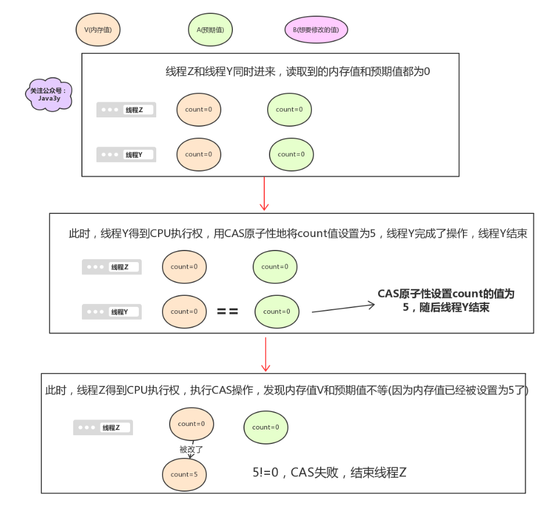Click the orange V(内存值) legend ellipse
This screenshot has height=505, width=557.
pyautogui.click(x=98, y=29)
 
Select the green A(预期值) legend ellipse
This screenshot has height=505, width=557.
pyautogui.click(x=211, y=29)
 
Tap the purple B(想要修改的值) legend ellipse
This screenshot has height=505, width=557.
pyautogui.click(x=316, y=30)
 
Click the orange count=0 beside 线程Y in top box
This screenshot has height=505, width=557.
pyautogui.click(x=199, y=155)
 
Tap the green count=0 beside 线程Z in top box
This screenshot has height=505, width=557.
pyautogui.click(x=289, y=109)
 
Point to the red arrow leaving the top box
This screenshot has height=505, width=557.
pyautogui.click(x=264, y=194)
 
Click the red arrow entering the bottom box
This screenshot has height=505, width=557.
pyautogui.click(x=266, y=354)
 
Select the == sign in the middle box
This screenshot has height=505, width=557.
pyautogui.click(x=227, y=311)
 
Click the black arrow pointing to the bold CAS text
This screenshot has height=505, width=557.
pyautogui.click(x=343, y=307)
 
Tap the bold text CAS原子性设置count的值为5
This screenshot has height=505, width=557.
pyautogui.click(x=445, y=300)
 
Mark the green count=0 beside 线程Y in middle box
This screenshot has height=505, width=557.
pyautogui.click(x=276, y=311)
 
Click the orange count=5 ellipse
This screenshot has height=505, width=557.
pyautogui.click(x=184, y=474)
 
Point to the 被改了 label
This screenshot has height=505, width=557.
pyautogui.click(x=191, y=449)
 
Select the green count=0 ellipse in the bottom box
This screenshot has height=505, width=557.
pyautogui.click(x=265, y=427)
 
